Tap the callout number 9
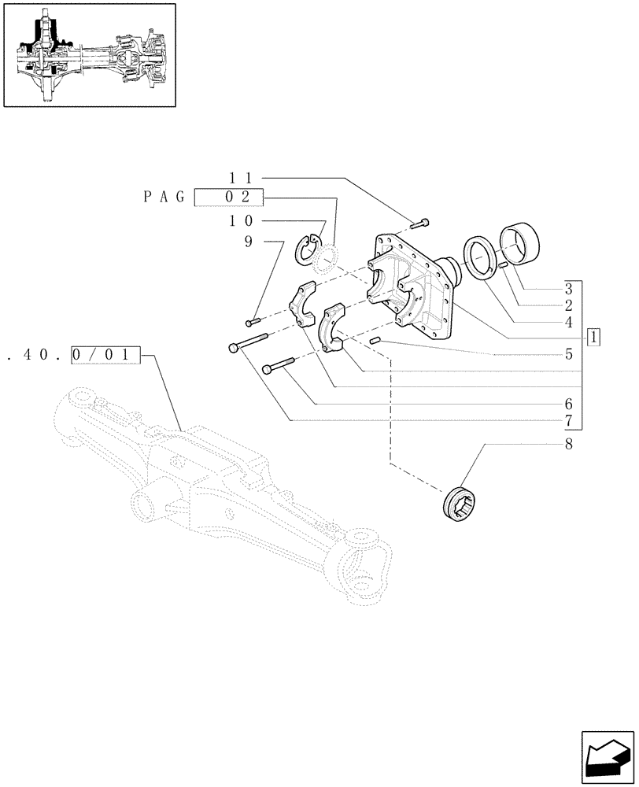pyautogui.click(x=248, y=242)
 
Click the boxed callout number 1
pyautogui.click(x=593, y=338)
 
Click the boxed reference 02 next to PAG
pyautogui.click(x=229, y=198)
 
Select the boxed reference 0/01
pyautogui.click(x=105, y=356)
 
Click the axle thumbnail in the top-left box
pyautogui.click(x=89, y=54)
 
